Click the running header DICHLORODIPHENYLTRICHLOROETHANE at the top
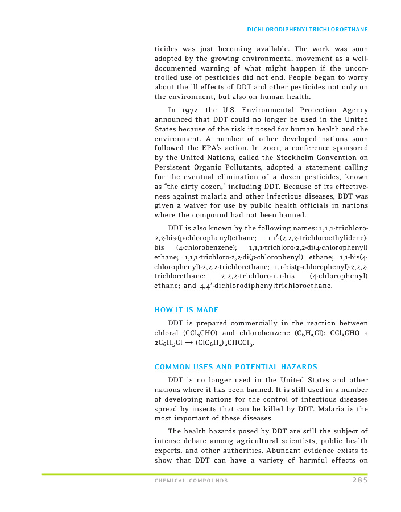pos(307,28)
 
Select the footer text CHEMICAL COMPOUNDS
pos(191,481)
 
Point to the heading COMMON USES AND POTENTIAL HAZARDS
pos(236,366)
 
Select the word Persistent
pos(174,168)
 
